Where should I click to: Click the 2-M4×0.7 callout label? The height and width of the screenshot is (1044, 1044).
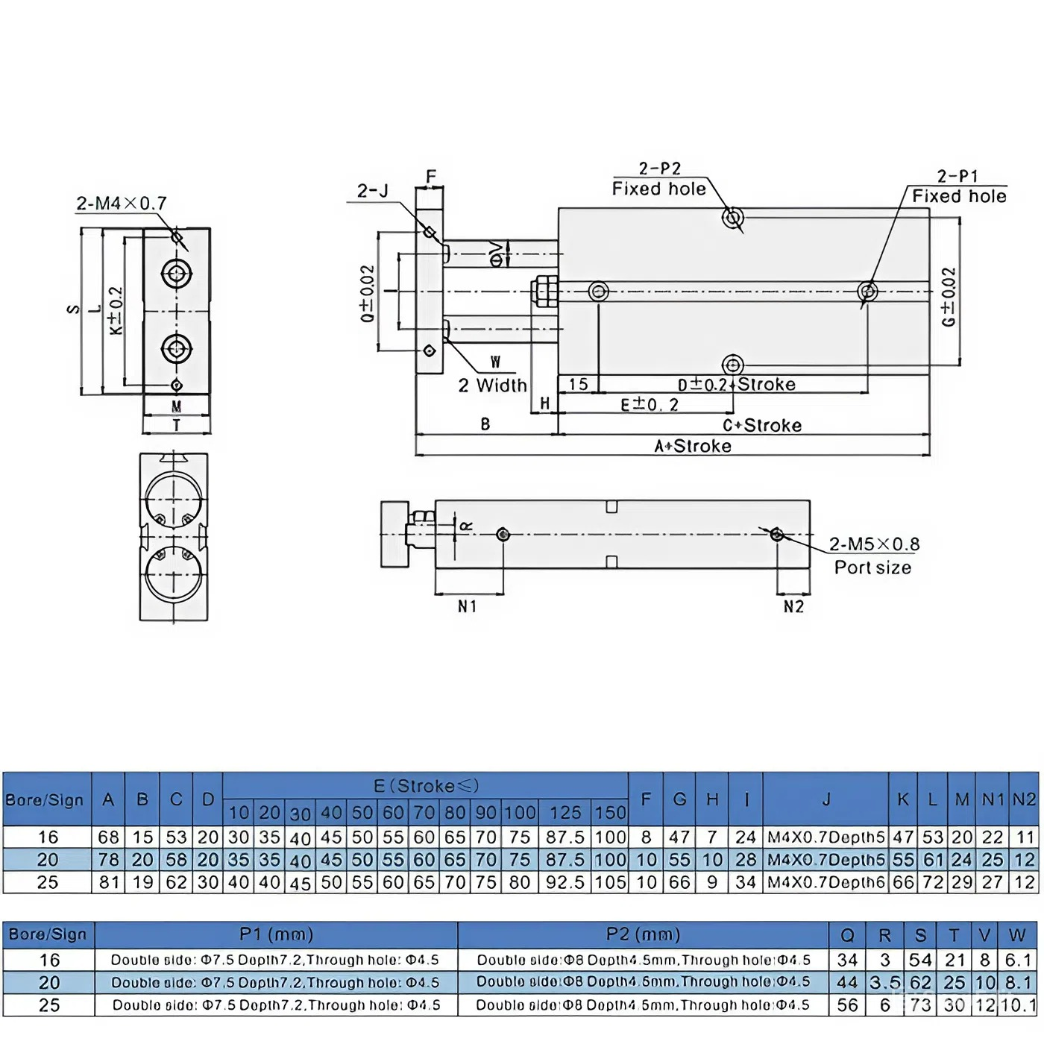[122, 203]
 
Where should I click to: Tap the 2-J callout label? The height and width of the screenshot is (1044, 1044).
[373, 191]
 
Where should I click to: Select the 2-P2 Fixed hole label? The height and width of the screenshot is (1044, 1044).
[659, 179]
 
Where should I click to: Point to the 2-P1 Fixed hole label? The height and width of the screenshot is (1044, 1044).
[958, 186]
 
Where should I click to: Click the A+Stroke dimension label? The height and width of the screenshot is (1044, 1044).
[693, 446]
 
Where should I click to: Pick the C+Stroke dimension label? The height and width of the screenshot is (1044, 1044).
[762, 425]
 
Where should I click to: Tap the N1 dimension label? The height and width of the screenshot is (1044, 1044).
[468, 606]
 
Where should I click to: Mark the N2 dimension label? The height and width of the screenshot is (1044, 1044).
[793, 606]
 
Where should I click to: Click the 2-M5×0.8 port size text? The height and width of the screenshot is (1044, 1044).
[874, 544]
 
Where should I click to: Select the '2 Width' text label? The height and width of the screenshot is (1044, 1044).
[492, 386]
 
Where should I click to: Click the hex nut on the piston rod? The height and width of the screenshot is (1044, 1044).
[545, 291]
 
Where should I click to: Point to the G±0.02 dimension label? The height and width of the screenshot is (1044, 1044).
[948, 297]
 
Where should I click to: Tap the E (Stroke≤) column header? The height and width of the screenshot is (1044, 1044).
[426, 786]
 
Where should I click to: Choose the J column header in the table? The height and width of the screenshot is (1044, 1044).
[826, 799]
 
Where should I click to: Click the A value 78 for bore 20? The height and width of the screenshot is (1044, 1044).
[108, 860]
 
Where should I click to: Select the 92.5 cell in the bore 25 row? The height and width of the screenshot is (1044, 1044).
[565, 882]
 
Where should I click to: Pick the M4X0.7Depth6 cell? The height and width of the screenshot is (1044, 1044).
[826, 882]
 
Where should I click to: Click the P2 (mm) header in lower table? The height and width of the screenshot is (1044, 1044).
[643, 934]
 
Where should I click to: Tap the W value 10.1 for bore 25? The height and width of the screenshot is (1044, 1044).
[1018, 1005]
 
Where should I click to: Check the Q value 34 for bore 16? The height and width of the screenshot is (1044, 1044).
[847, 960]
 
